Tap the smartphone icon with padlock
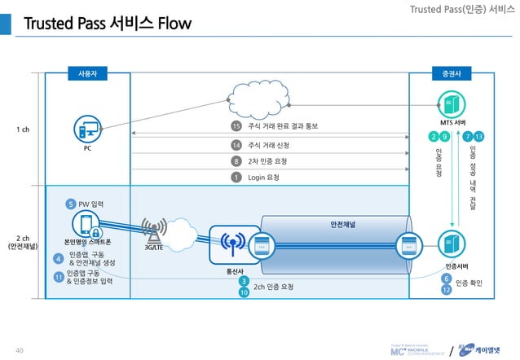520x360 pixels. tap(89, 224)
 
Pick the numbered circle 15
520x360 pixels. tap(236, 126)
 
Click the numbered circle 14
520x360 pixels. tap(236, 145)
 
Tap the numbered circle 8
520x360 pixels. tap(236, 160)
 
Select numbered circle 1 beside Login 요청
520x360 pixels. tap(236, 177)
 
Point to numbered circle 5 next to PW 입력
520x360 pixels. tap(72, 204)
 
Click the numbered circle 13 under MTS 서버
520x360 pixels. tap(479, 135)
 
